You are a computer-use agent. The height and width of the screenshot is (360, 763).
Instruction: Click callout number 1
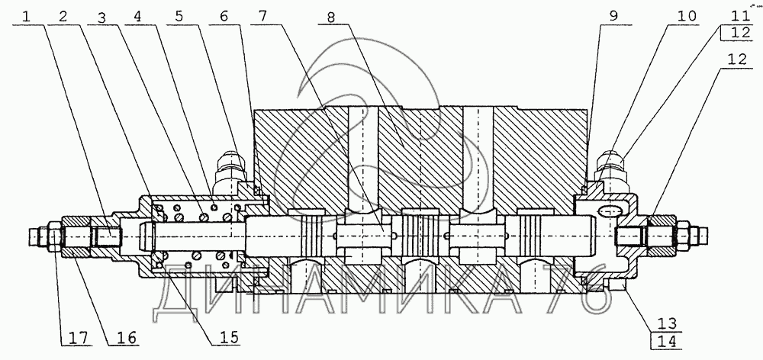click(27, 14)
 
